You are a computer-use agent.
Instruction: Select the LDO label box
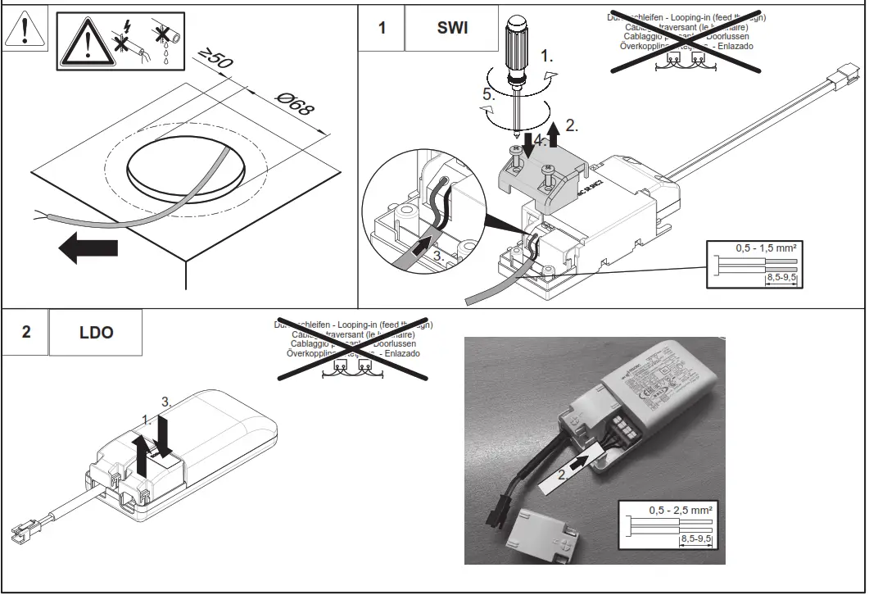click(x=96, y=333)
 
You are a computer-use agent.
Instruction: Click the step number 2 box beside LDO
click(x=26, y=333)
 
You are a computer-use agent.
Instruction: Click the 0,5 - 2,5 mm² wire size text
click(x=680, y=510)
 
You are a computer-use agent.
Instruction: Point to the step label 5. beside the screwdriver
click(x=489, y=93)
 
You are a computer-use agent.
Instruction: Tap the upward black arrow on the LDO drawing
click(x=143, y=457)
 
